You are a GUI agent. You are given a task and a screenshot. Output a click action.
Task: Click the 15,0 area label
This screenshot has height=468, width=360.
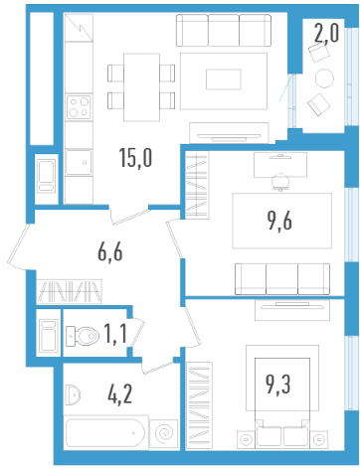[135, 158]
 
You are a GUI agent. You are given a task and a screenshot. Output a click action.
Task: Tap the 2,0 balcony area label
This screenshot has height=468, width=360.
[326, 34]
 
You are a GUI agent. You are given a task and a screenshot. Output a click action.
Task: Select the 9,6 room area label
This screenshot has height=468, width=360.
[279, 221]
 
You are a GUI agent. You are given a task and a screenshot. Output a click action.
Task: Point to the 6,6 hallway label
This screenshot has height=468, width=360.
[110, 252]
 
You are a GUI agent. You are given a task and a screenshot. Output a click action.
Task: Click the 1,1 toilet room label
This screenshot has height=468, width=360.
[115, 334]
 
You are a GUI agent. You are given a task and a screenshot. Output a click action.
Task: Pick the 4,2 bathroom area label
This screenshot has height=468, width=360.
[119, 394]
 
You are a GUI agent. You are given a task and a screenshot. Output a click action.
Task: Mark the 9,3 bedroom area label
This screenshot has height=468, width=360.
[278, 385]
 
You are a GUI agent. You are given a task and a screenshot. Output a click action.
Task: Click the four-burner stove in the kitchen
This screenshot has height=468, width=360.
[79, 107]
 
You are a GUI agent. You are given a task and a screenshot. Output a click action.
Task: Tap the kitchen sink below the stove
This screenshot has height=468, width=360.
[79, 162]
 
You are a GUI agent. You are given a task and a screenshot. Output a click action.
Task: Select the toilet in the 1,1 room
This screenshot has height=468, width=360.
[83, 336]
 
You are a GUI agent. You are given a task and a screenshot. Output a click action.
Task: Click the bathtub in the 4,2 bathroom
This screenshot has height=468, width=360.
[105, 432]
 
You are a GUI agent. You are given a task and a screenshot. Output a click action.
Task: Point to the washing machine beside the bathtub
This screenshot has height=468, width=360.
[164, 433]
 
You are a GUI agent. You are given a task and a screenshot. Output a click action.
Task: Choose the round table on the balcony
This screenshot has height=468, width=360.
[324, 78]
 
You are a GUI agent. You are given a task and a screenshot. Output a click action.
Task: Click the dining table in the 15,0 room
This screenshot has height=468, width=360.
[141, 87]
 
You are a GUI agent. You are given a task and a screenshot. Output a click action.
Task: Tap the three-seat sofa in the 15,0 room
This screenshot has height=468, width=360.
[224, 30]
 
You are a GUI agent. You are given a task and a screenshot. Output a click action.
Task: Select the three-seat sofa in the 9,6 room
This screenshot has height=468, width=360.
[282, 279]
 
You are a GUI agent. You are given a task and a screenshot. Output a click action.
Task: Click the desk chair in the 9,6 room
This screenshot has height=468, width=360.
[280, 182]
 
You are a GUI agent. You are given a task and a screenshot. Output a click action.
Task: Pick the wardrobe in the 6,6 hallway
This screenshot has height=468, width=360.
[69, 291]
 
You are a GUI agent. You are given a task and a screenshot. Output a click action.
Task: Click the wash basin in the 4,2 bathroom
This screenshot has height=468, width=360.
[73, 394]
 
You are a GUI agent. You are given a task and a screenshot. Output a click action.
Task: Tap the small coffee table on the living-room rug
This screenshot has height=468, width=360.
[224, 79]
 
